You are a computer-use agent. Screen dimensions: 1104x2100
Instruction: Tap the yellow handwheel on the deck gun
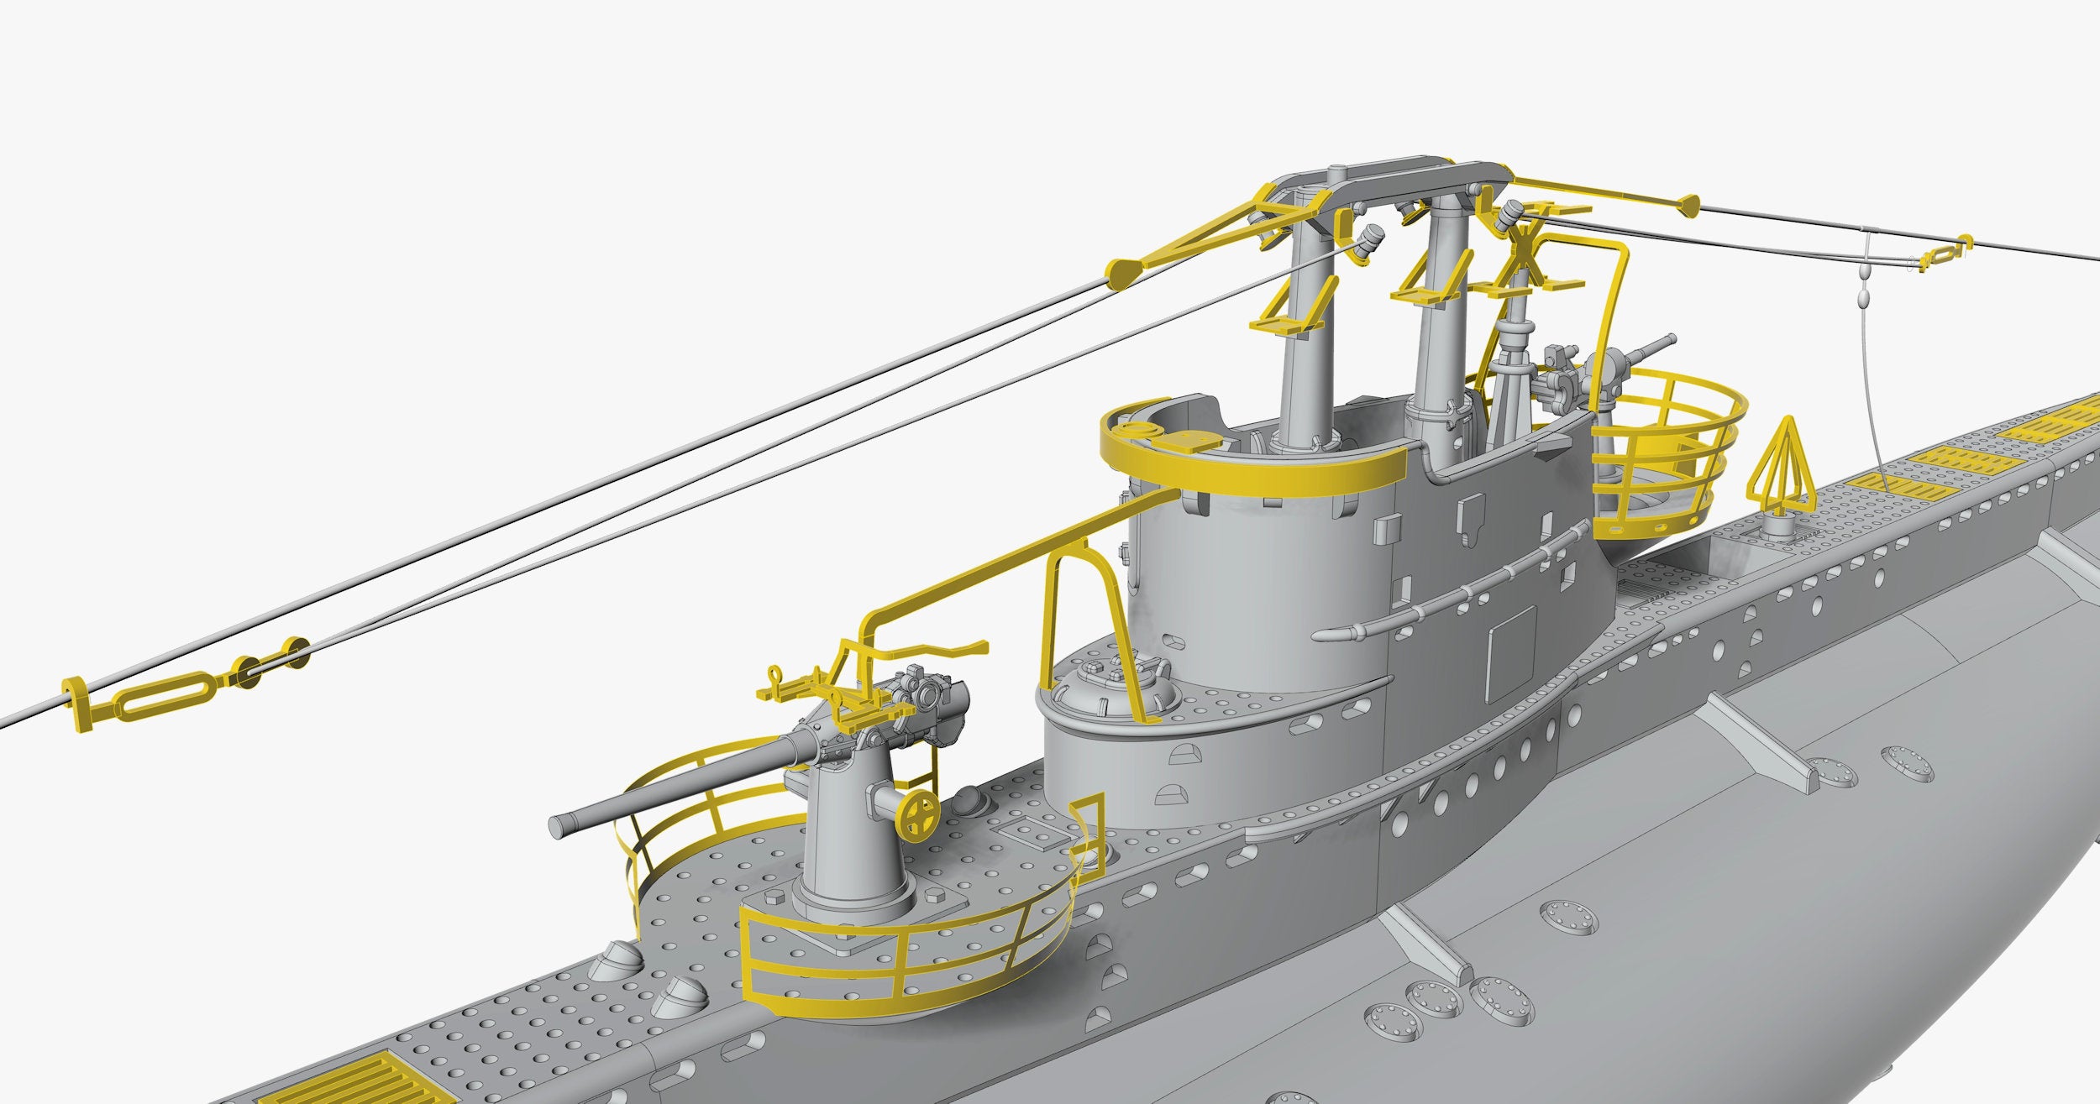[921, 814]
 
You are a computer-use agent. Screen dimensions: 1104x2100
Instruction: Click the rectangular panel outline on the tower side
[1509, 654]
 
